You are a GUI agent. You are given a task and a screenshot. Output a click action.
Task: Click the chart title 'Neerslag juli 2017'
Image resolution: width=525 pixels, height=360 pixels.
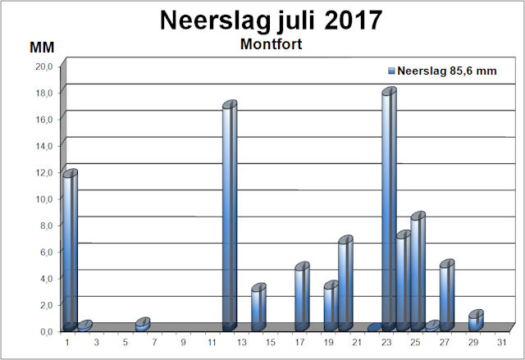click(262, 20)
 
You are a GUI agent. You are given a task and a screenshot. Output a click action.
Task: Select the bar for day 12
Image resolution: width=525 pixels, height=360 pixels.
click(230, 216)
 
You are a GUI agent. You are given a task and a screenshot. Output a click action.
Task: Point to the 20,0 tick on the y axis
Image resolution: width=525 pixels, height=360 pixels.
click(42, 66)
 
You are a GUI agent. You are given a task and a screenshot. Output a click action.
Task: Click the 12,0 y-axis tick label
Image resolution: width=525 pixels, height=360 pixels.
click(42, 172)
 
